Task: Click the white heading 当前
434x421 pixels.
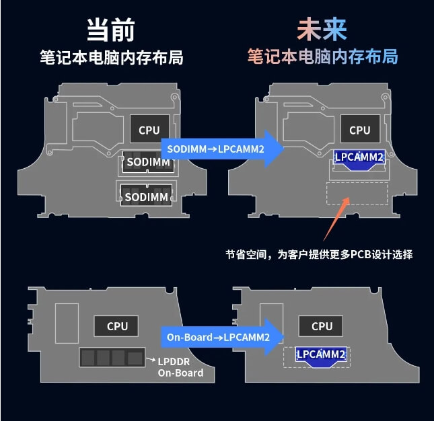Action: (x=111, y=30)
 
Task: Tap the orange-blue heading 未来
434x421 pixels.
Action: (x=322, y=30)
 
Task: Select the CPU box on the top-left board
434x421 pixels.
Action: (x=149, y=130)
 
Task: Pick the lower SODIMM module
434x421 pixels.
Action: (x=146, y=196)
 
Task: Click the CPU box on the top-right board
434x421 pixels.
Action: (x=360, y=130)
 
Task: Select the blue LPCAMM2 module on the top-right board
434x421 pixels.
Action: (x=359, y=158)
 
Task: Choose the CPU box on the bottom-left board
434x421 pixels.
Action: (x=117, y=326)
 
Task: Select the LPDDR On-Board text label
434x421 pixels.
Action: (x=180, y=367)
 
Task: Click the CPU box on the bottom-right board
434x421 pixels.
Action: (x=322, y=326)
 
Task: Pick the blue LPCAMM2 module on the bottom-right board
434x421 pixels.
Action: (x=322, y=356)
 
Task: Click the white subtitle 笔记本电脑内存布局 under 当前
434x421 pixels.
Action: (x=111, y=56)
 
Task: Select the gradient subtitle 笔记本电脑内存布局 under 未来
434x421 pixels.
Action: (x=322, y=56)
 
